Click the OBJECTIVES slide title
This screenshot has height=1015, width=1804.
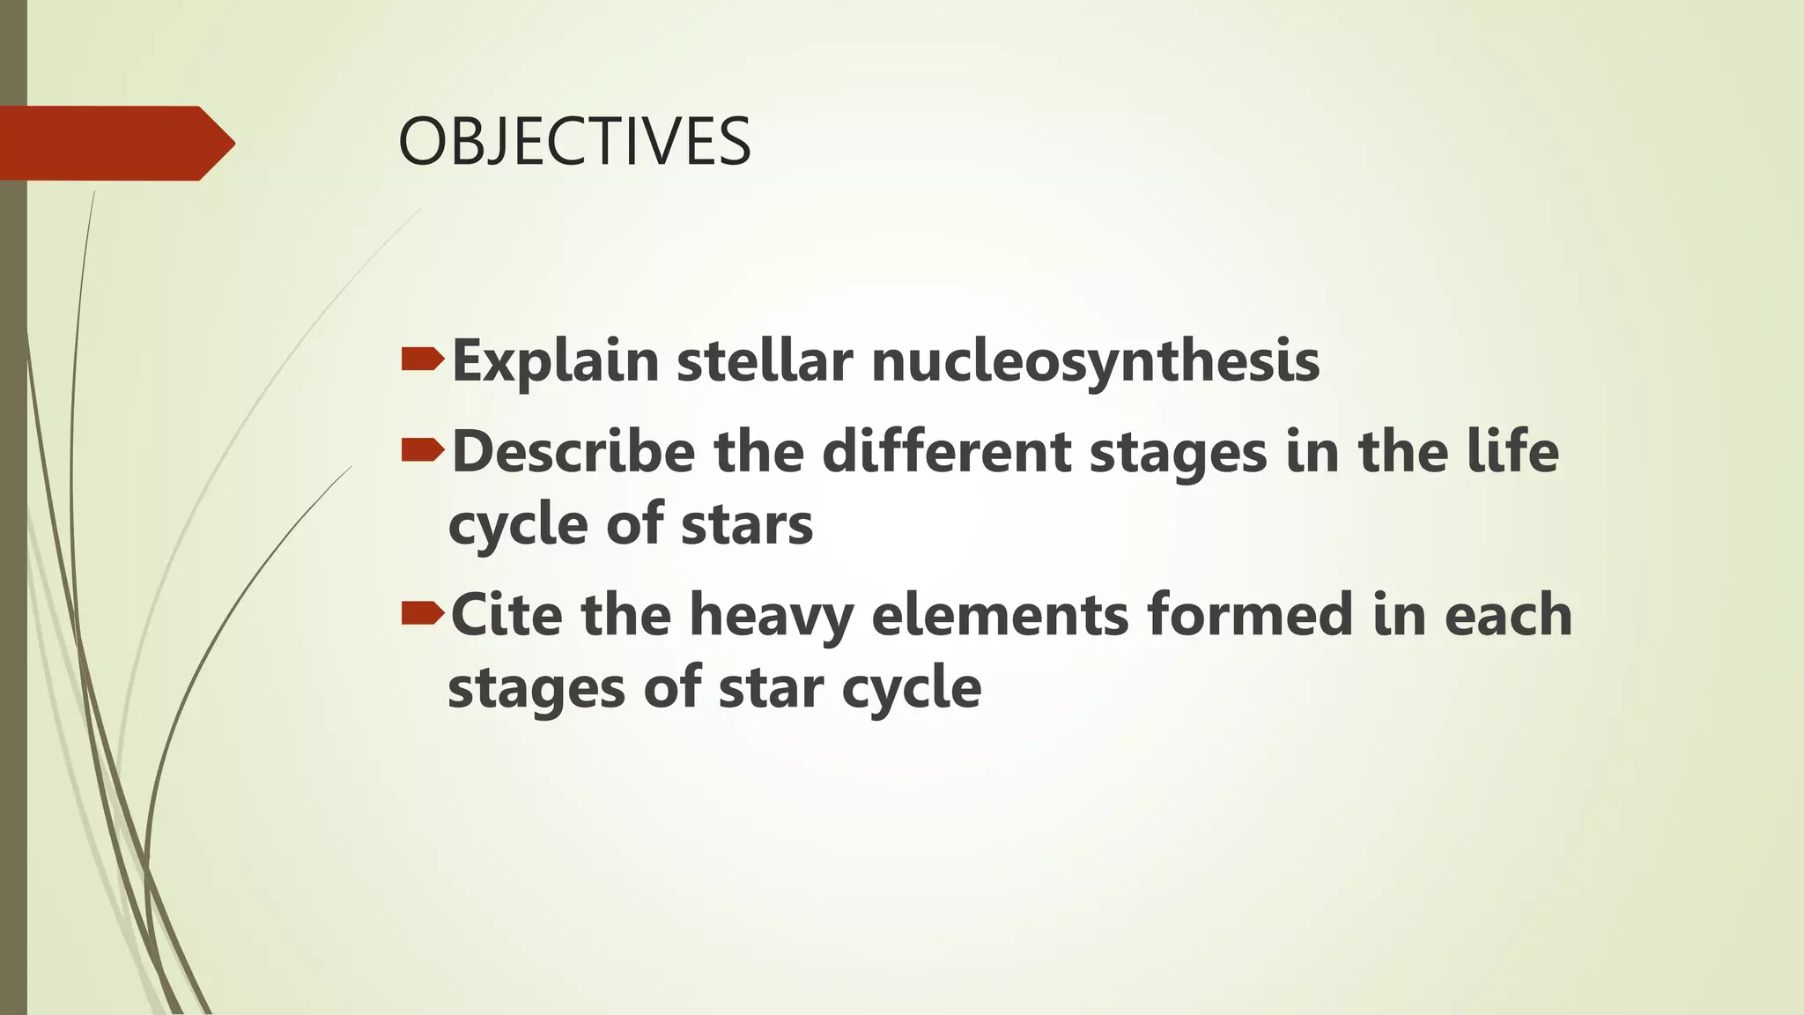pyautogui.click(x=574, y=143)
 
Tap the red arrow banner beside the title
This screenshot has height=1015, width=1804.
pyautogui.click(x=116, y=143)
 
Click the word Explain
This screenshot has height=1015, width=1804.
pyautogui.click(x=555, y=362)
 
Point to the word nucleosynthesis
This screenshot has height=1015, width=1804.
pyautogui.click(x=1096, y=362)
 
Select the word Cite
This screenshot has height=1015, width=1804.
pyautogui.click(x=506, y=614)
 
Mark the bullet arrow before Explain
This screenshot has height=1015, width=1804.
pyautogui.click(x=423, y=359)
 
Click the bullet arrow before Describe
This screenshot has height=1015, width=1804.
pyautogui.click(x=423, y=450)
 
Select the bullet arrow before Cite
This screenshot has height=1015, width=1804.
pyautogui.click(x=423, y=613)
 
